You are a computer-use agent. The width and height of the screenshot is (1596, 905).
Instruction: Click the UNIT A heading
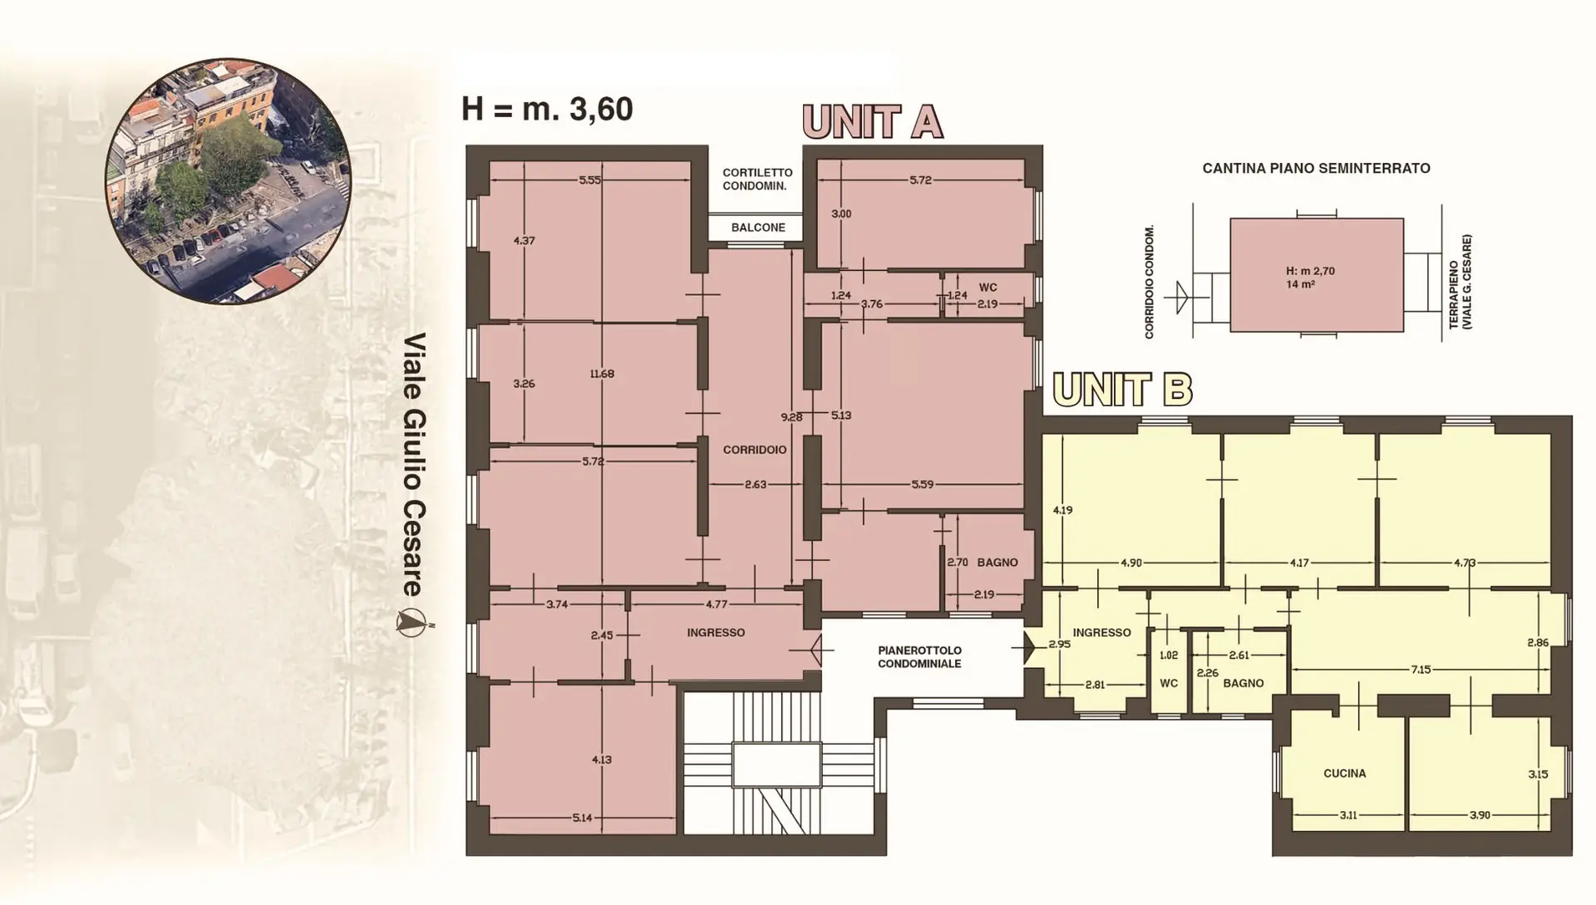[x=873, y=121]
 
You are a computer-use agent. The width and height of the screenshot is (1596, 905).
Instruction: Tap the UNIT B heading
[x=1122, y=389]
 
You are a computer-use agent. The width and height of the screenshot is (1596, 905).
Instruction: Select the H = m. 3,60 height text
[x=547, y=109]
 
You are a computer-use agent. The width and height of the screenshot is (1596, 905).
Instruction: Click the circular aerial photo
[x=229, y=180]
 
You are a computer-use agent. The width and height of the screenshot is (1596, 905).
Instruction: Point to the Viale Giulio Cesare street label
[x=414, y=465]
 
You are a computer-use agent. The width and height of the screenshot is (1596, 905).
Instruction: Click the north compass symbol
[x=411, y=622]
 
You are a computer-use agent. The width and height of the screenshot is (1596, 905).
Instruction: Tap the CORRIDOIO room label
[x=755, y=450]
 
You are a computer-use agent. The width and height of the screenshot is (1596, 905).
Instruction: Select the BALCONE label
[x=758, y=228]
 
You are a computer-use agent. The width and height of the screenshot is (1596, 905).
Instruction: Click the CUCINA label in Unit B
[x=1345, y=774]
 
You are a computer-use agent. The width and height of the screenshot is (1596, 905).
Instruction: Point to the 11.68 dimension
[x=602, y=374]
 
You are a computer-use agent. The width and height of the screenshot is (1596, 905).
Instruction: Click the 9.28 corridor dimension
[x=791, y=417]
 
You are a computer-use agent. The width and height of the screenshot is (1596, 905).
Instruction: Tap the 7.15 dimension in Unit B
[x=1421, y=669]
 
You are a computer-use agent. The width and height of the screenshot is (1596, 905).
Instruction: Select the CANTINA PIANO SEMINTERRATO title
[x=1316, y=169]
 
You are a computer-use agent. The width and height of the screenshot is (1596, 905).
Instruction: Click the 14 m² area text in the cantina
[x=1300, y=284]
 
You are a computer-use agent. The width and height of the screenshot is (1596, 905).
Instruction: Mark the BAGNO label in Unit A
[x=997, y=563]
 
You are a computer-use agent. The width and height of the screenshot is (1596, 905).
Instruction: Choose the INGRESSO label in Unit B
[x=1101, y=632]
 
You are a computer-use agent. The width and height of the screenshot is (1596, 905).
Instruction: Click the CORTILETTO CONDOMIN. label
[x=755, y=180]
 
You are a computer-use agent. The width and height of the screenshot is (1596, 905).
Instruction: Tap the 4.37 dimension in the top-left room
[x=524, y=241]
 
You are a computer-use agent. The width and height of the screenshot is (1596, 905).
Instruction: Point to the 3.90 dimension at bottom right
[x=1480, y=815]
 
